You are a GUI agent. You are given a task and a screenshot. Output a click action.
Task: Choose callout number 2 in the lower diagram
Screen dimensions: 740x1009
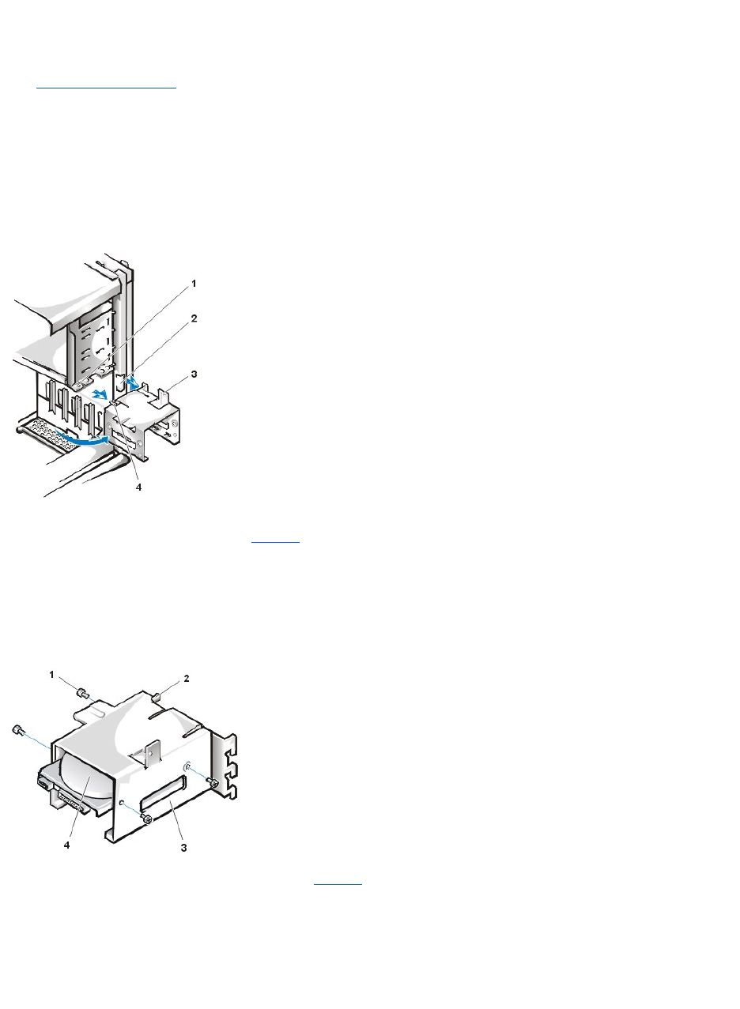[x=187, y=678]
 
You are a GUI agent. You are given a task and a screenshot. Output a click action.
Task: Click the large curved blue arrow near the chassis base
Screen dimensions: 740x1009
[x=79, y=439]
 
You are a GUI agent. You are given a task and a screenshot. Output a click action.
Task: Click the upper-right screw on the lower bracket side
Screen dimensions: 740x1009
[x=212, y=782]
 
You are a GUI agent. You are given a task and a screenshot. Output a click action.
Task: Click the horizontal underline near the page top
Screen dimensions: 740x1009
[x=107, y=88]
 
